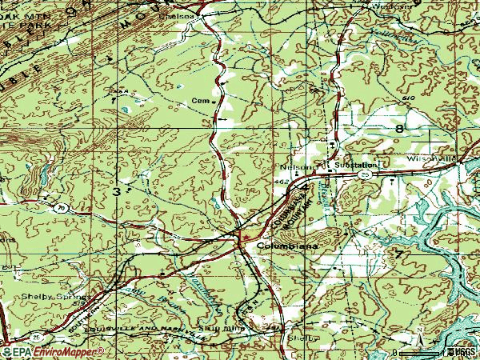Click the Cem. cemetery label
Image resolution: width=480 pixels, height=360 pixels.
tap(200, 102)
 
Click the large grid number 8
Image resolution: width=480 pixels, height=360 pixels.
tap(397, 128)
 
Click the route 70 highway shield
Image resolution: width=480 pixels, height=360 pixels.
tap(59, 207)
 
